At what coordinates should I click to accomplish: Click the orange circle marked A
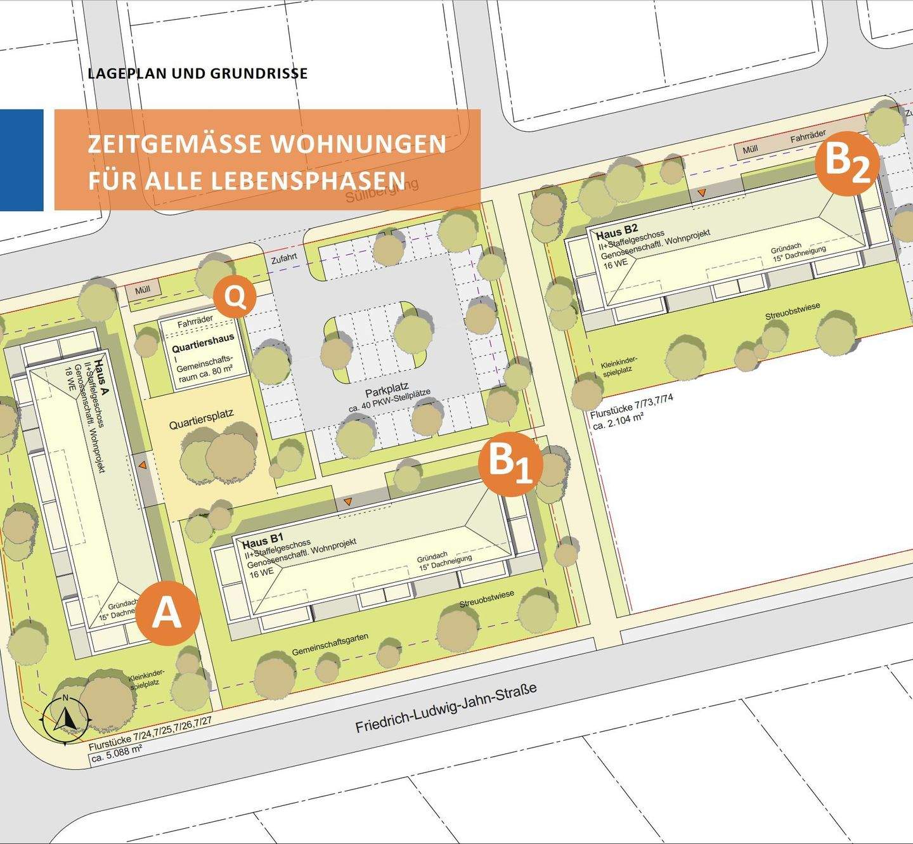(x=167, y=613)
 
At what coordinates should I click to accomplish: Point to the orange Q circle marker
(x=235, y=297)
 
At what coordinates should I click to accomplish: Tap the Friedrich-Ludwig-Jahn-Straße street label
(x=446, y=708)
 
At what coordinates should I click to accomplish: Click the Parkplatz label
(x=386, y=388)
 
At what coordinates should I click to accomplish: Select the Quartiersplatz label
(x=201, y=419)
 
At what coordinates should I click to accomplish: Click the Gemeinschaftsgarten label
(x=330, y=644)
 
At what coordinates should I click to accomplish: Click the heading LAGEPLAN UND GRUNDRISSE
(x=198, y=74)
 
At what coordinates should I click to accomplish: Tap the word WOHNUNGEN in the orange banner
(x=359, y=144)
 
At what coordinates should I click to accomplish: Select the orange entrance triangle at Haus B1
(x=347, y=503)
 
